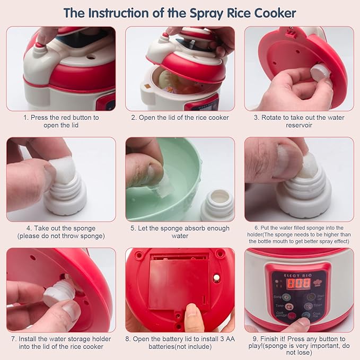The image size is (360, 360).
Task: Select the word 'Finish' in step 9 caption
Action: click(275, 339)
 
